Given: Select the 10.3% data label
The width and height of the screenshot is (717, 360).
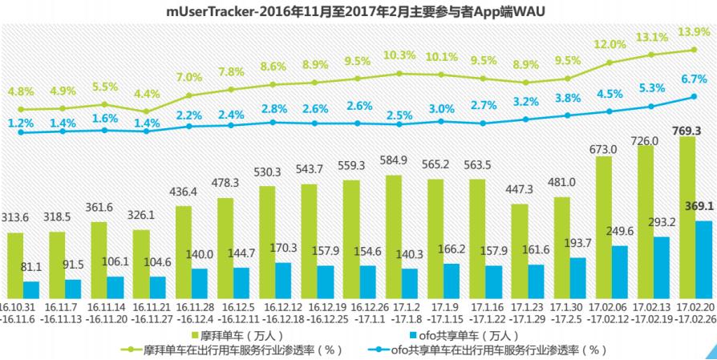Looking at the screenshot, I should pos(399,55).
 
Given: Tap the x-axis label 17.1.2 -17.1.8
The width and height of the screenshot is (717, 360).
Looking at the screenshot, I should pos(403,312).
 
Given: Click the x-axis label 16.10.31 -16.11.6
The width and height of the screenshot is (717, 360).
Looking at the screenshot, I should pos(18,312).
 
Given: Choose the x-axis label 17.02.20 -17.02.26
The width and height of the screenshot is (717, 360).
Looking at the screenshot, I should pos(695,312).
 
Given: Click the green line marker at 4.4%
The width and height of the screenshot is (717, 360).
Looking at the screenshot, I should pos(146,111).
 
